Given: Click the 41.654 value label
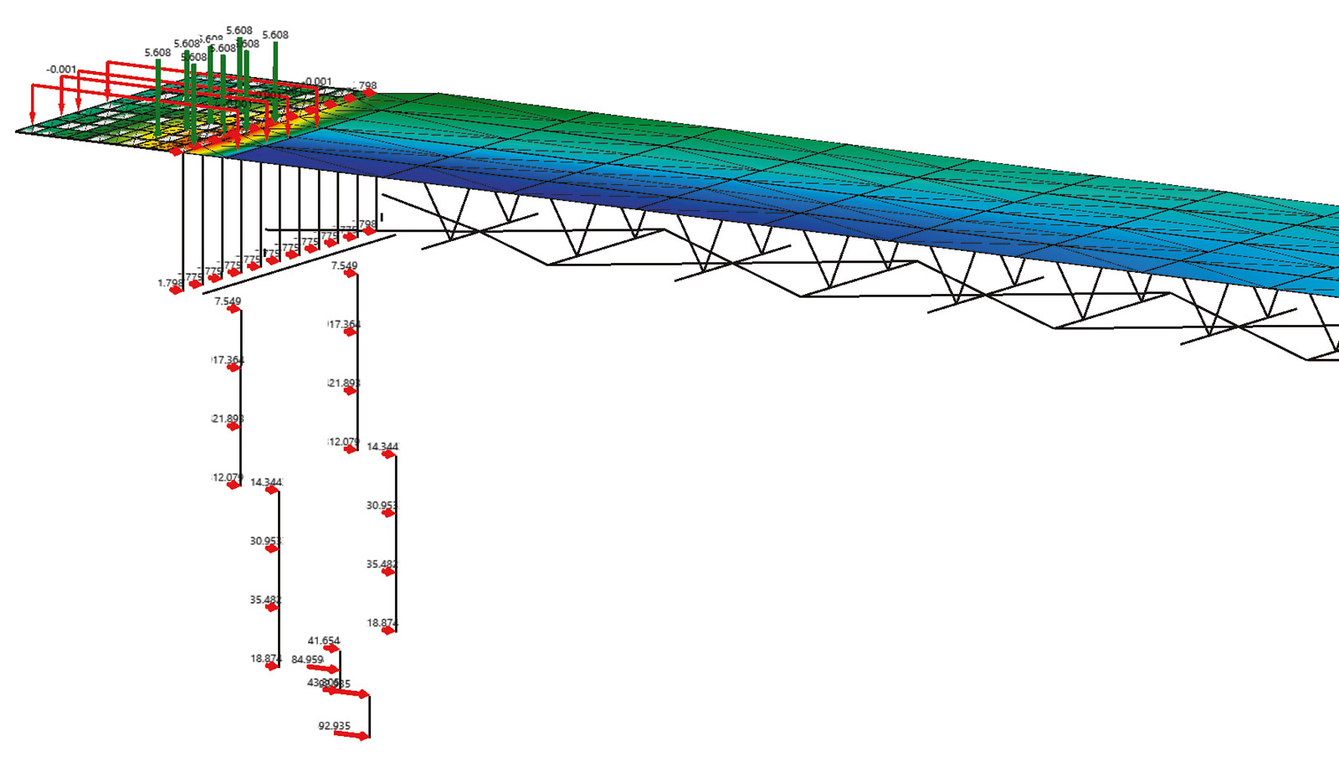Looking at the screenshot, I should coord(324,640).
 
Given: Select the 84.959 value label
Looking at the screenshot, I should coord(307,660).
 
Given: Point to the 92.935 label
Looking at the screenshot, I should coord(334,726).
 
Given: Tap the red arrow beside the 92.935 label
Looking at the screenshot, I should coord(351,736).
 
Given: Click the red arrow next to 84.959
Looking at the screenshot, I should coord(324,668).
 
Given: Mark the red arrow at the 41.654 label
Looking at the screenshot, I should coord(332,649).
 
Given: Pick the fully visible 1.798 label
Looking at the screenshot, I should coord(170,283).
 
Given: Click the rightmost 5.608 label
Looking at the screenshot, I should coord(275,35).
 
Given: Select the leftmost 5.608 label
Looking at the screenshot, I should coord(157,53).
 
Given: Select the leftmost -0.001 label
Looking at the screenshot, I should coord(61,69).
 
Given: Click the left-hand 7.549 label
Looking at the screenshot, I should coord(228,301).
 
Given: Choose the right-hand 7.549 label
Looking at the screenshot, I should coord(344,265).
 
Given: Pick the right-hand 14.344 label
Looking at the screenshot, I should coord(382,446).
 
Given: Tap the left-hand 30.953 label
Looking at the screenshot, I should coord(265,541).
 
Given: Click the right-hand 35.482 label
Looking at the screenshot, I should coord(382,564).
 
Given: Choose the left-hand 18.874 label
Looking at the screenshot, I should coord(265,659).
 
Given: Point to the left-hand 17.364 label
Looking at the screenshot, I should coord(228,360).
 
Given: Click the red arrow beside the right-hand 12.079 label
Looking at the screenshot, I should coord(351,450).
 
